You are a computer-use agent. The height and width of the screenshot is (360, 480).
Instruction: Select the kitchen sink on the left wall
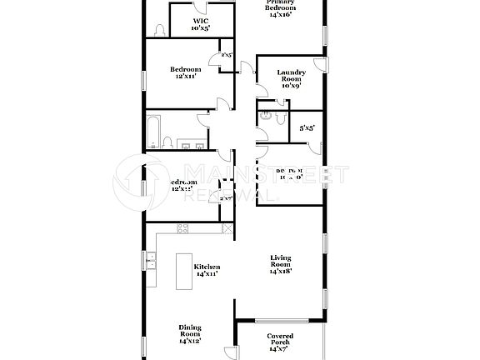pyautogui.click(x=151, y=262)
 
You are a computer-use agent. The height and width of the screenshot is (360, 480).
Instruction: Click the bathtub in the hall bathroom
pyautogui.click(x=154, y=130)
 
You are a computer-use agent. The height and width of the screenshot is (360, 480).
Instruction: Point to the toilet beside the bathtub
pyautogui.click(x=167, y=142)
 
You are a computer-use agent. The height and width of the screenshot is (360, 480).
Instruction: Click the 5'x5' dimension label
pyautogui.click(x=307, y=127)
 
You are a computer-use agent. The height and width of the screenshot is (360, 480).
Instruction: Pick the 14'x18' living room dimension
pyautogui.click(x=280, y=271)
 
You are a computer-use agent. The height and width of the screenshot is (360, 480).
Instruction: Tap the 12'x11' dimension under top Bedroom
pyautogui.click(x=184, y=76)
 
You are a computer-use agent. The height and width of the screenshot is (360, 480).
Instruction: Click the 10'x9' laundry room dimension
pyautogui.click(x=291, y=85)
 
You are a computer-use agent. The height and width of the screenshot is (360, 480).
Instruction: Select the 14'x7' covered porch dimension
pyautogui.click(x=280, y=348)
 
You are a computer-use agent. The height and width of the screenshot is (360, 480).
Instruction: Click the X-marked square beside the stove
pyautogui.click(x=227, y=227)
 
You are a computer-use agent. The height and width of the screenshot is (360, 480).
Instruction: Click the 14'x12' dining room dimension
pyautogui.click(x=190, y=341)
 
